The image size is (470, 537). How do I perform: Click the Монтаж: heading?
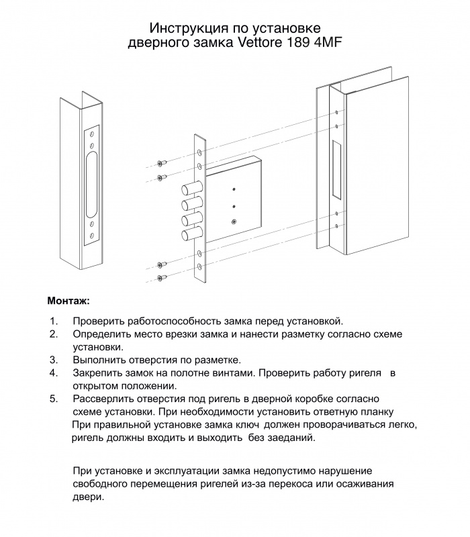point(68,299)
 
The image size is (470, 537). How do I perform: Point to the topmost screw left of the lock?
point(160,163)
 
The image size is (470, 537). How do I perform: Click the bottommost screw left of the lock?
point(160,277)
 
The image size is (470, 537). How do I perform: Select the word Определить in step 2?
point(103,334)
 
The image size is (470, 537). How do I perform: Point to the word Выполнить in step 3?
point(101,360)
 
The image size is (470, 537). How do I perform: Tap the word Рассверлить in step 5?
point(105,398)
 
